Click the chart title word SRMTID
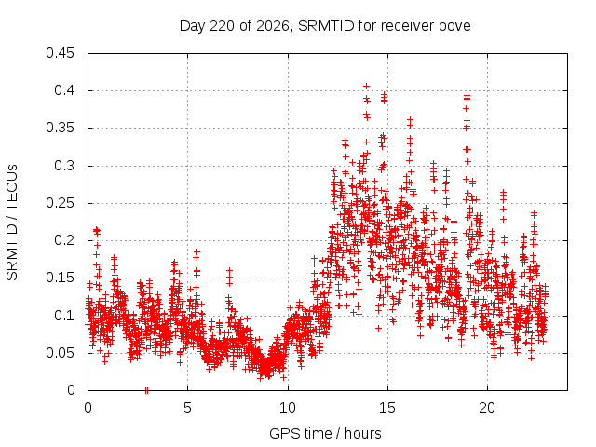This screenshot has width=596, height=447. pyautogui.click(x=326, y=26)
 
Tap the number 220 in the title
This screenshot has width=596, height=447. pyautogui.click(x=223, y=26)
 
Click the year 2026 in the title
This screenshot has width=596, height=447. pyautogui.click(x=273, y=26)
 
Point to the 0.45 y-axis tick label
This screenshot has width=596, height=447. pyautogui.click(x=60, y=53)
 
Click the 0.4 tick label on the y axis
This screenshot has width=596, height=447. pyautogui.click(x=64, y=90)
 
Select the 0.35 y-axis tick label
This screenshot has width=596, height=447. pyautogui.click(x=60, y=128)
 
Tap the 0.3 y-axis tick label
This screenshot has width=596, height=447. pyautogui.click(x=64, y=166)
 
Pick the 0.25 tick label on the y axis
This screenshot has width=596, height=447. pyautogui.click(x=60, y=203)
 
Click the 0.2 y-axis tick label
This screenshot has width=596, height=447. pyautogui.click(x=64, y=240)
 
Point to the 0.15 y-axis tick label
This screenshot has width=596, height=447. pyautogui.click(x=60, y=278)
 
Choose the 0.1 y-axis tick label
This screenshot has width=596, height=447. pyautogui.click(x=64, y=316)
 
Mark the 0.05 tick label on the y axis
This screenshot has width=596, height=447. pyautogui.click(x=60, y=353)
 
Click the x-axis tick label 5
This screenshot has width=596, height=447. pyautogui.click(x=187, y=408)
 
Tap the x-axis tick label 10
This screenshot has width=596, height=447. pyautogui.click(x=288, y=408)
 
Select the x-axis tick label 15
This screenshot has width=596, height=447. pyautogui.click(x=387, y=408)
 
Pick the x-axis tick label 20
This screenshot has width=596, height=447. pyautogui.click(x=487, y=408)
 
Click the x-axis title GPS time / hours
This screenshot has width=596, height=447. pyautogui.click(x=325, y=434)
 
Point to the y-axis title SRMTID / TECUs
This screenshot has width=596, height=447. pyautogui.click(x=12, y=223)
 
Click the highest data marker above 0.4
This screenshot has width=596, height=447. pyautogui.click(x=366, y=87)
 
